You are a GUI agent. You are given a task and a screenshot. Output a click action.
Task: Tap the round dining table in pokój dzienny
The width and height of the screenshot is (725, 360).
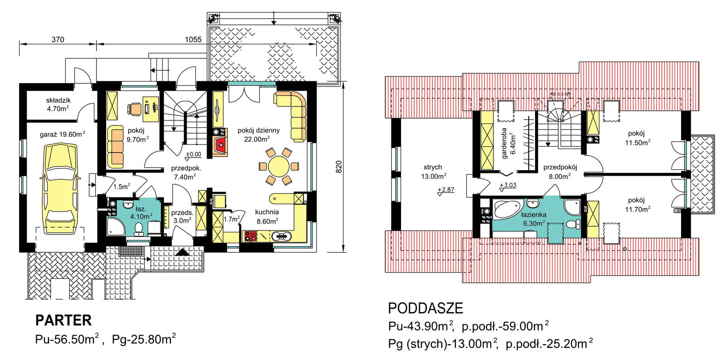(279, 167)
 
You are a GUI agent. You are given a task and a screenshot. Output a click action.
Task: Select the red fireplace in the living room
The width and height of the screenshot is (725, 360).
(220, 147)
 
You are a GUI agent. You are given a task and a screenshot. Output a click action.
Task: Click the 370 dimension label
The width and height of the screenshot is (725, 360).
(58, 39)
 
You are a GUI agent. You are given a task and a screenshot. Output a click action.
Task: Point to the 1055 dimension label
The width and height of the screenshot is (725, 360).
(193, 39)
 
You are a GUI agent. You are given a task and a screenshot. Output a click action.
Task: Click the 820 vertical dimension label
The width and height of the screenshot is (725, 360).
(338, 167)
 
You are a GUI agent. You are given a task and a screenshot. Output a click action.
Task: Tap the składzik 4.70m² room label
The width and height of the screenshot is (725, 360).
(58, 105)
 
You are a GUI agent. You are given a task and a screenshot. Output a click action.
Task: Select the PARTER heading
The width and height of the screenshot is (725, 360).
(63, 320)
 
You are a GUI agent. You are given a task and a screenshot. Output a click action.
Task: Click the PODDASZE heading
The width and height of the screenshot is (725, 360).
(425, 308)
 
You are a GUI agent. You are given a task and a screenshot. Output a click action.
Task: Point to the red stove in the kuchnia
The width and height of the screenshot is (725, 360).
(250, 236)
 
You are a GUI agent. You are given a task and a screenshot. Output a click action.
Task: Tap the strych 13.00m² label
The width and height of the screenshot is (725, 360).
(434, 172)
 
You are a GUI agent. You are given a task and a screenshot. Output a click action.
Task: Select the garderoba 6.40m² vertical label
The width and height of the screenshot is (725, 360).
(508, 143)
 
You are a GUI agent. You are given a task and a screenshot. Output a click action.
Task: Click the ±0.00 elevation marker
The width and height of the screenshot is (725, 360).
(193, 155)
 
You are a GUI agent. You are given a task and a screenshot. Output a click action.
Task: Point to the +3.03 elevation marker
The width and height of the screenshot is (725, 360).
(507, 186)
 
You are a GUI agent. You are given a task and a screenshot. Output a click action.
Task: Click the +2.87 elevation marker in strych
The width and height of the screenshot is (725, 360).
(446, 191)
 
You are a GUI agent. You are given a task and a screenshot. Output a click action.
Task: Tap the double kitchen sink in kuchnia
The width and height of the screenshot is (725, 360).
(281, 237)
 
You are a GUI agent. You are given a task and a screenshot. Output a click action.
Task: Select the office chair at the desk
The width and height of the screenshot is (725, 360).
(134, 109)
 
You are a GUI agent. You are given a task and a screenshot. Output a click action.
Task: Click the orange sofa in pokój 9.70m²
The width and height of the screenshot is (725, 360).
(115, 147)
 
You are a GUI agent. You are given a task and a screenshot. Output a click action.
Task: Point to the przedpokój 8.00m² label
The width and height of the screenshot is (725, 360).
(560, 172)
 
